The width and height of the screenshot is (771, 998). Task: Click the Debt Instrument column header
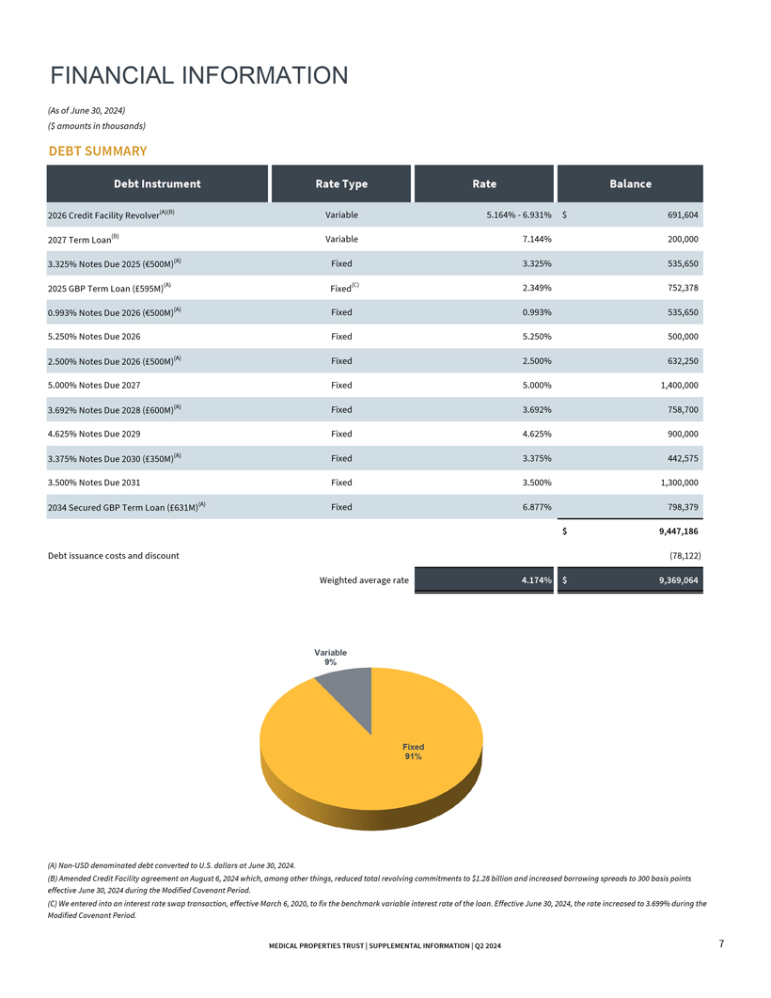pos(157,183)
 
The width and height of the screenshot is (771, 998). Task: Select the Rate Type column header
pos(340,183)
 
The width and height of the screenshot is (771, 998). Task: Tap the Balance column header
pos(630,183)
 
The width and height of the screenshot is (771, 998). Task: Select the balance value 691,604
pos(678,214)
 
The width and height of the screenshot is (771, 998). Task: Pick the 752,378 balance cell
pos(678,288)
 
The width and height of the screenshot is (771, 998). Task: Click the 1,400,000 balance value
pos(672,385)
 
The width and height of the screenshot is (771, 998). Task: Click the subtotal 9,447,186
pos(671,531)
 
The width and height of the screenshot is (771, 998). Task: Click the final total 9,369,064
pos(671,580)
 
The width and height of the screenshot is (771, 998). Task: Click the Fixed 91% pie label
pos(413,752)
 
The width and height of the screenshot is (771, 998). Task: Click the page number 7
pos(720,943)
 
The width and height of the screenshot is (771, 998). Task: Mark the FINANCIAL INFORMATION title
pos(199,75)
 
